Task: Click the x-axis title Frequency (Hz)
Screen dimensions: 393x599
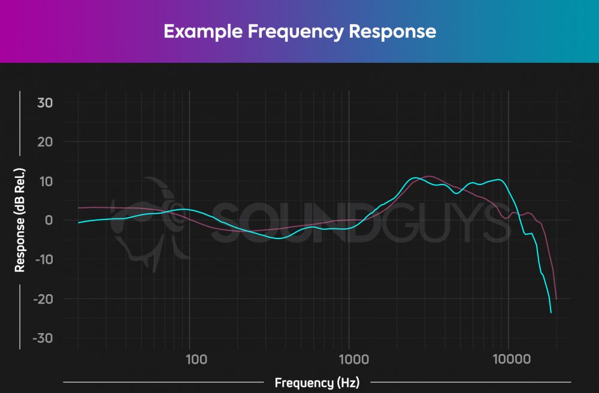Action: point(317,382)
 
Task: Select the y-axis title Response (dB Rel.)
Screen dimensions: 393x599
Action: point(20,220)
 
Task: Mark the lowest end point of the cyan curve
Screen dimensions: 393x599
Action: point(551,313)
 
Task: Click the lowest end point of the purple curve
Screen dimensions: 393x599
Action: point(556,299)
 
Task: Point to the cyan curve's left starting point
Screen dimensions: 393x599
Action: point(78,223)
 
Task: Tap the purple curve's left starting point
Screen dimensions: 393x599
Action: point(78,208)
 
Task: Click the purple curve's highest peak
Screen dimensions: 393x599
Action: point(429,176)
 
